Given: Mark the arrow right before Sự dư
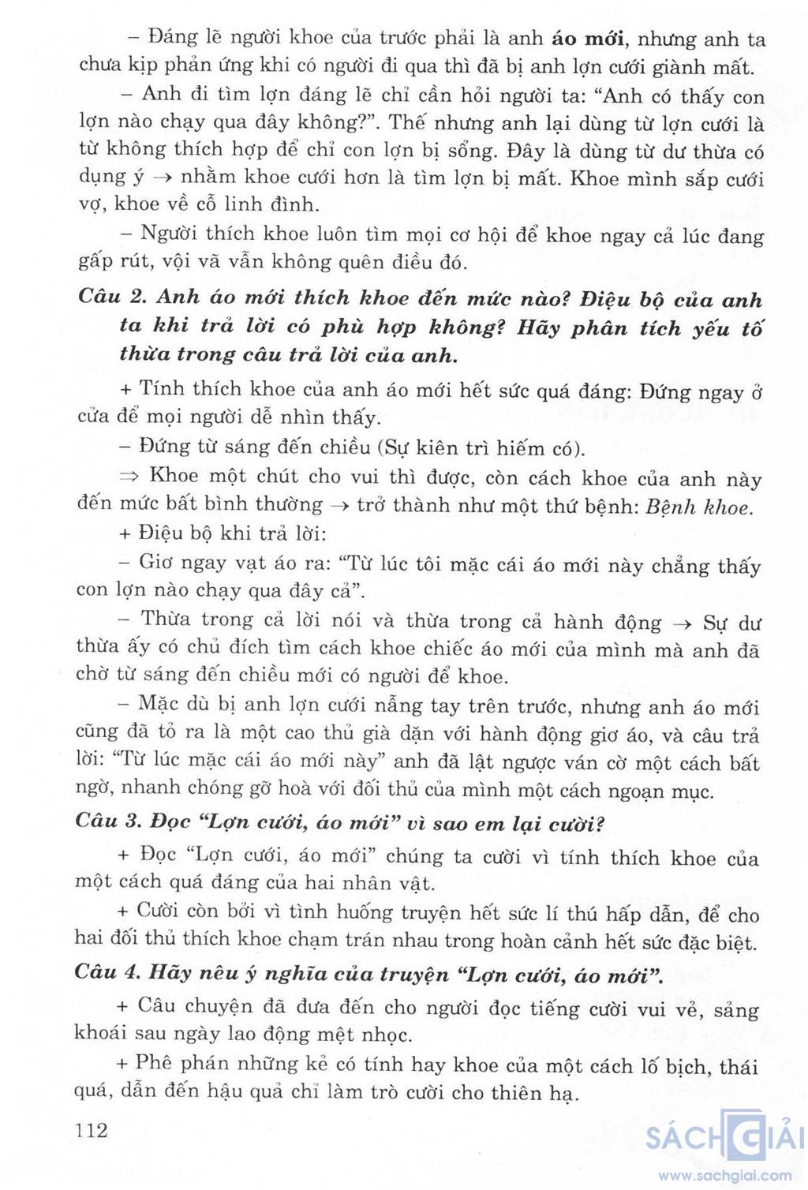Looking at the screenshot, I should (679, 623).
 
